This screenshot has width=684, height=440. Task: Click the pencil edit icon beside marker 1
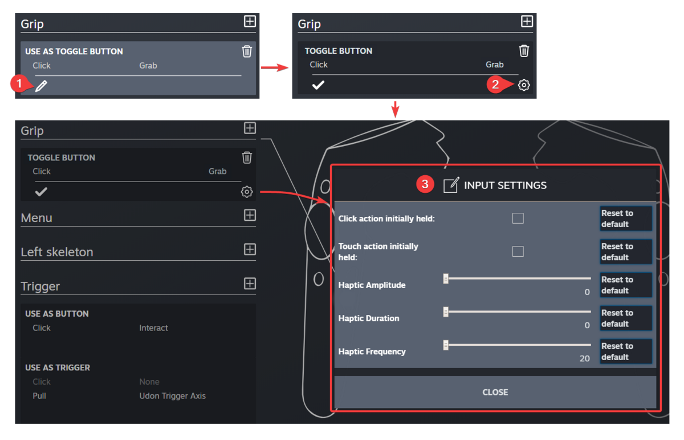click(x=41, y=86)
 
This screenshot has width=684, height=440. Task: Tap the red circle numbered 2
click(x=495, y=84)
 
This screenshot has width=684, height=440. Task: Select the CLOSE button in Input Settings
click(x=495, y=392)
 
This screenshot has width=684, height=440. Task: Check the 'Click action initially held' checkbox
click(x=518, y=218)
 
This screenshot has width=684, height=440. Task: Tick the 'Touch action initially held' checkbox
click(x=518, y=251)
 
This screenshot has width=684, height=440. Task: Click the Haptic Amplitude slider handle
click(x=446, y=278)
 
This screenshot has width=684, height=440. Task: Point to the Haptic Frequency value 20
click(x=584, y=358)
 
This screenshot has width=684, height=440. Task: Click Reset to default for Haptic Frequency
click(x=625, y=352)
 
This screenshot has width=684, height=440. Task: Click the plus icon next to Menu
click(x=250, y=215)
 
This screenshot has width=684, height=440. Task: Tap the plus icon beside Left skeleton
click(x=250, y=249)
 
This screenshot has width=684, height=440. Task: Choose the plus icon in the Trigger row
click(x=250, y=284)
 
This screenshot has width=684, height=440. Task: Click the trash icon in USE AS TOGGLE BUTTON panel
click(x=247, y=51)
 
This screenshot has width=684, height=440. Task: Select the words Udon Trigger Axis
click(x=172, y=395)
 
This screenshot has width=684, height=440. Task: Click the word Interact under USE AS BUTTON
click(x=153, y=328)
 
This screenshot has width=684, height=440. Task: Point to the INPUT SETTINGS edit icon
click(x=450, y=185)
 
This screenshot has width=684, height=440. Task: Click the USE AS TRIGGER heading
click(x=57, y=368)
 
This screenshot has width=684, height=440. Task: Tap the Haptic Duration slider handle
click(x=446, y=312)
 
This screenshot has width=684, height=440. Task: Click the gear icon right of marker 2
click(x=524, y=85)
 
